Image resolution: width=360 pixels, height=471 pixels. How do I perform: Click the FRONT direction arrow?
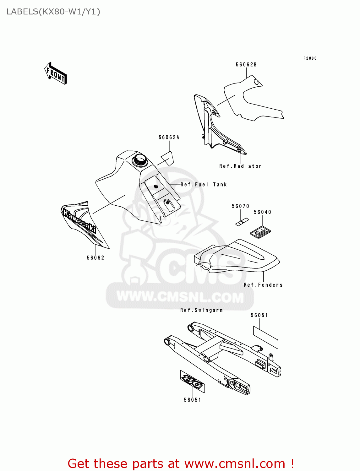(x=56, y=73)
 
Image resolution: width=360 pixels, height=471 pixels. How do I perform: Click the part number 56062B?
(x=246, y=65)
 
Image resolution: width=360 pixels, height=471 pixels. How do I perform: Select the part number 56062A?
(x=169, y=137)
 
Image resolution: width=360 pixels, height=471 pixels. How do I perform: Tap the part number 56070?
(x=240, y=206)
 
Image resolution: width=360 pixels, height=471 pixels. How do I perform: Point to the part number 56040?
(x=262, y=212)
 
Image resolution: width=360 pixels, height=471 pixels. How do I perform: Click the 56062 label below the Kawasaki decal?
(x=95, y=258)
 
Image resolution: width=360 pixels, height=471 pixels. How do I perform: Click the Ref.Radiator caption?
(x=240, y=166)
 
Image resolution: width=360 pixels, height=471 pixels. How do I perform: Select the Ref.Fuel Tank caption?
(x=204, y=185)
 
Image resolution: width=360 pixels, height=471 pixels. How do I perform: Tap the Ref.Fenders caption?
(x=263, y=285)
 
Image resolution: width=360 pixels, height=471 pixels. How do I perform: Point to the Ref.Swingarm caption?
(x=201, y=310)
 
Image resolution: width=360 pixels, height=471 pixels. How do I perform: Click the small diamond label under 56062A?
(x=167, y=159)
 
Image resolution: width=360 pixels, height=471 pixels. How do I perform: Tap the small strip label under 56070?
(x=242, y=222)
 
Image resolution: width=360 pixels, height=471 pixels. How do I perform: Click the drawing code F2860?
(x=310, y=58)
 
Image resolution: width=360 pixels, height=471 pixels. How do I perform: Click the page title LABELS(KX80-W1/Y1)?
(x=53, y=12)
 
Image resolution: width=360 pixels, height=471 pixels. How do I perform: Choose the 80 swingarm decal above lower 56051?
(x=192, y=381)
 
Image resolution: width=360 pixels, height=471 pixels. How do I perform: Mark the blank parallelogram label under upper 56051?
(x=266, y=337)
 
